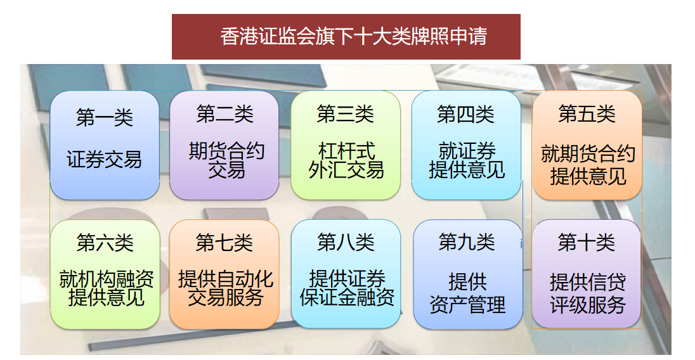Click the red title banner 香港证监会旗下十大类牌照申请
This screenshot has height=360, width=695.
tap(346, 37)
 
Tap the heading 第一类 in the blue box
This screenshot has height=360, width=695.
tap(105, 117)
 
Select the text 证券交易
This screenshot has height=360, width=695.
tap(104, 160)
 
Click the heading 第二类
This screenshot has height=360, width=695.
tap(224, 114)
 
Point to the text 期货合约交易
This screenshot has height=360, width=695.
tap(226, 160)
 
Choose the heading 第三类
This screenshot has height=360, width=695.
tap(346, 114)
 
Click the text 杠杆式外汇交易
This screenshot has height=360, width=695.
tap(346, 160)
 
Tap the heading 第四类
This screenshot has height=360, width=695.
tap(465, 114)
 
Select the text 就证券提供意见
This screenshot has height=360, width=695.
tap(467, 160)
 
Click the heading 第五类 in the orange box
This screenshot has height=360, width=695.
tap(587, 114)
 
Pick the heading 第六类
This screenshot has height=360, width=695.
tap(105, 243)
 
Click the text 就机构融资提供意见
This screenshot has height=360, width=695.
tap(107, 288)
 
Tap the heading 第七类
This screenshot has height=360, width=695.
tap(224, 243)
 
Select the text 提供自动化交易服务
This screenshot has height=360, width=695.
tap(226, 288)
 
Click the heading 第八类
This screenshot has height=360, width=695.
tap(346, 243)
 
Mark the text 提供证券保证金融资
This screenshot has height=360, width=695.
tap(347, 288)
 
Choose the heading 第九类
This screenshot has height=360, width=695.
tap(467, 243)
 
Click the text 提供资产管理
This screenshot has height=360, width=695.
tap(467, 293)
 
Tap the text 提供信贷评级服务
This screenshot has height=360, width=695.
tap(588, 293)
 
